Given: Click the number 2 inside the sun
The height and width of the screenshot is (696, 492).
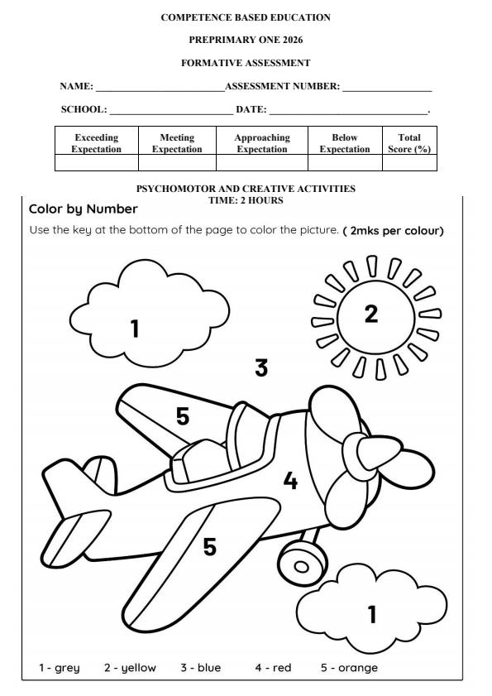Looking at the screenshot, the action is (370, 314).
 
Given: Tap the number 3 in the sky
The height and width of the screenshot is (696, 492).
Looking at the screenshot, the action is (261, 367).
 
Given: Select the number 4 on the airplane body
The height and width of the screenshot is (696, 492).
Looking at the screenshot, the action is (289, 480).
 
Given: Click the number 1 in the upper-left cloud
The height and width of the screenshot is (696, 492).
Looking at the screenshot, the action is (135, 329).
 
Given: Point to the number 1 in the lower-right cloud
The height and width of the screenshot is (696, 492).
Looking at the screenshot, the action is (372, 614).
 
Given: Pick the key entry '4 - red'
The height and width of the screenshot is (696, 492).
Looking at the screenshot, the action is (271, 667).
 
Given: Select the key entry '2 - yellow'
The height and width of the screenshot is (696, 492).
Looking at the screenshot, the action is (130, 667).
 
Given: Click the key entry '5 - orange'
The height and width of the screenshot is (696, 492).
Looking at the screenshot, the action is (349, 667).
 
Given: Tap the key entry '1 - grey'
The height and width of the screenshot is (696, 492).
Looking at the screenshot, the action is (59, 667).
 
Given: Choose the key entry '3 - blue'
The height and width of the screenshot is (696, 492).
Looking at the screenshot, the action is (201, 667).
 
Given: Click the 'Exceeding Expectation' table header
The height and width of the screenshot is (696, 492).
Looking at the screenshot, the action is (96, 143).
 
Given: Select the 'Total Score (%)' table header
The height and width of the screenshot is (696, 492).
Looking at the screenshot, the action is (409, 143).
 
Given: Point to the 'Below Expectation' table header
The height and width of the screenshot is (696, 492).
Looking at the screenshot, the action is (345, 143).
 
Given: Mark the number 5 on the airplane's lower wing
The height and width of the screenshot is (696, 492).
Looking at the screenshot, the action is (210, 546).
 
